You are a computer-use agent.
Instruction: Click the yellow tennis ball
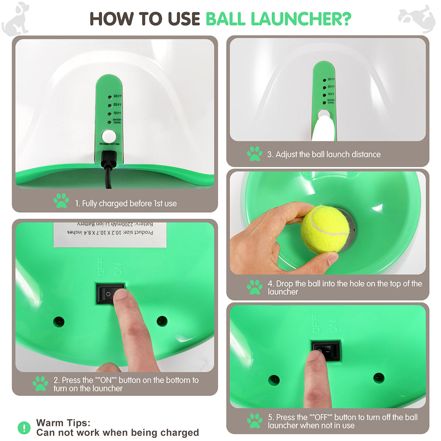click(325, 228)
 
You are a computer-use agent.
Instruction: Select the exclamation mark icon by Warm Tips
click(24, 427)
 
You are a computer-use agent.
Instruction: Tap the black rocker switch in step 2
click(110, 293)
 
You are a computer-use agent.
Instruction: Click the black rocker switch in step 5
click(325, 350)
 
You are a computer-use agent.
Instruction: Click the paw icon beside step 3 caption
click(254, 154)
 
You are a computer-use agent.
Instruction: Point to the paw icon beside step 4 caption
click(254, 287)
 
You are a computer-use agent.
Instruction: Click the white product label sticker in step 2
click(110, 234)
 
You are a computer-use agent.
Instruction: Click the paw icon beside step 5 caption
click(254, 421)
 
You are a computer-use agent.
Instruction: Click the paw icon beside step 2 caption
click(40, 384)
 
